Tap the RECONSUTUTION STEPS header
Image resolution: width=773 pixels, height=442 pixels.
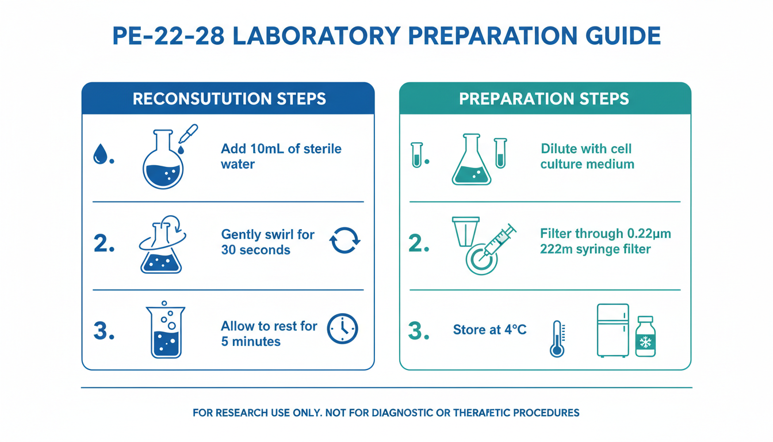point(229,99)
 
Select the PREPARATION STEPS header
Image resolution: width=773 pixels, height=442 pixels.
point(544,99)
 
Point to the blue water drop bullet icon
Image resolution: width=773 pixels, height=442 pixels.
point(100,154)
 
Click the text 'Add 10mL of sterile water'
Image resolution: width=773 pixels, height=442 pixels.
point(281,156)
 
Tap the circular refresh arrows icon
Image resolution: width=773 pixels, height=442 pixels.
point(345,241)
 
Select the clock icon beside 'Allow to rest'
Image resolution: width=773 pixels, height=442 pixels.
point(342,329)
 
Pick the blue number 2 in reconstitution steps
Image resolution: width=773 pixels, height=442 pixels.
point(104,243)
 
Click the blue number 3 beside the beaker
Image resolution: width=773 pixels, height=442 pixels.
point(104,330)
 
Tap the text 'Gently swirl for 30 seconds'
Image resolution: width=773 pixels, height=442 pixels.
point(268,242)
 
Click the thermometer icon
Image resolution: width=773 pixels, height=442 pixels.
point(557,339)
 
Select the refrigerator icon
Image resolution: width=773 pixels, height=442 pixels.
point(613,330)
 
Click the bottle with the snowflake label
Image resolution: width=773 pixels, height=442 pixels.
point(645,336)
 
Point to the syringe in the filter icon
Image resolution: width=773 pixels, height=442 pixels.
point(498,241)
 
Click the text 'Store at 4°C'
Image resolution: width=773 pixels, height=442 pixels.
point(489,329)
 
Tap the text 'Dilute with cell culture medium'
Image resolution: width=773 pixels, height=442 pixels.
point(587,156)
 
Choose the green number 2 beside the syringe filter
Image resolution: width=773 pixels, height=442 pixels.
point(419,243)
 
